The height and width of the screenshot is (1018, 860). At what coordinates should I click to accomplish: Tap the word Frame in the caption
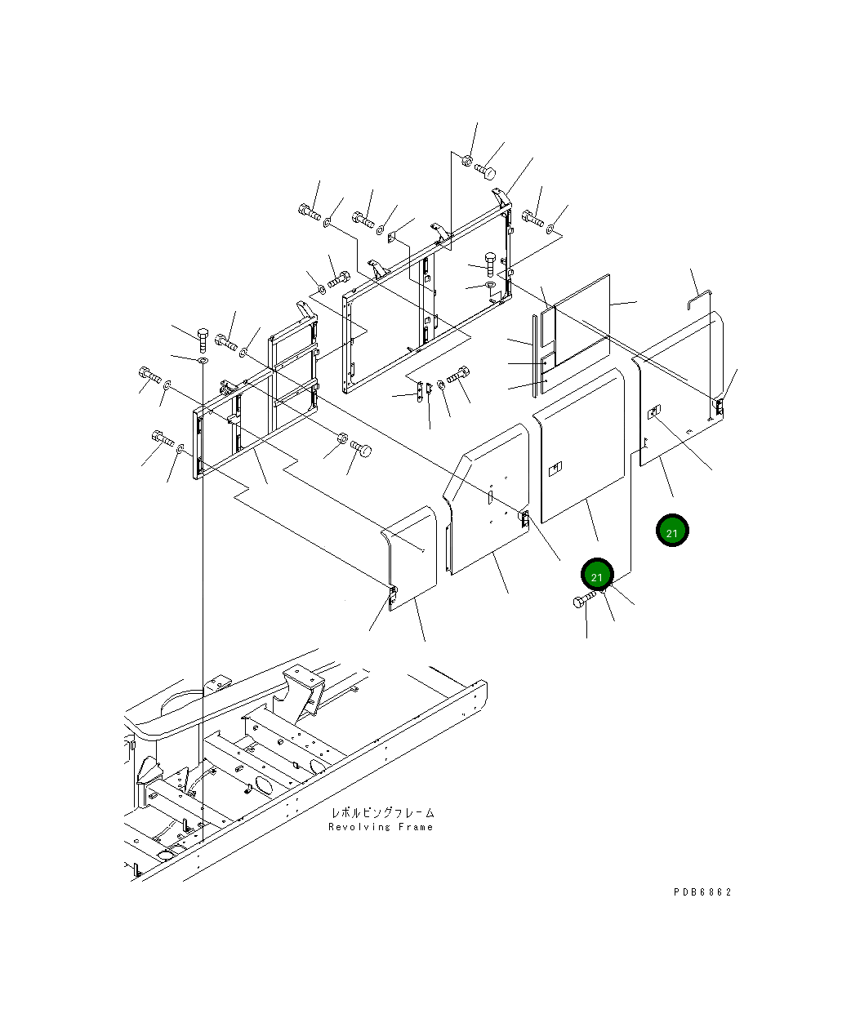(416, 827)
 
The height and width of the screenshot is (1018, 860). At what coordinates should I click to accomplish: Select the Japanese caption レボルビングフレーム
(382, 813)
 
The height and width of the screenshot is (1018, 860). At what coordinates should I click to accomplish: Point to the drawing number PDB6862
(702, 891)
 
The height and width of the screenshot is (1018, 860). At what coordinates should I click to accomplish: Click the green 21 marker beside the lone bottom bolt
(597, 576)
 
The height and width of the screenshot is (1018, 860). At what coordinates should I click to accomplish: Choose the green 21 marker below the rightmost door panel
(672, 532)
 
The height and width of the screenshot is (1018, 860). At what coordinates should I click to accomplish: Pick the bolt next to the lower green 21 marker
(584, 602)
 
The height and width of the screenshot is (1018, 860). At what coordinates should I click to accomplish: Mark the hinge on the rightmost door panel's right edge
(720, 407)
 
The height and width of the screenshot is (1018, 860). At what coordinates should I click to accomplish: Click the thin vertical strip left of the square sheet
(535, 355)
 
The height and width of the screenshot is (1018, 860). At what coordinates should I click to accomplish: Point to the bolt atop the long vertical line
(202, 336)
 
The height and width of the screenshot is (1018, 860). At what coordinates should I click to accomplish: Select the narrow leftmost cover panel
(411, 557)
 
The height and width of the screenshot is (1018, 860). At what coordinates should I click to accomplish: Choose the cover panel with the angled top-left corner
(485, 498)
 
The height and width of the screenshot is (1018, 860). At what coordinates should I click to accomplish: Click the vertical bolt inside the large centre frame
(489, 263)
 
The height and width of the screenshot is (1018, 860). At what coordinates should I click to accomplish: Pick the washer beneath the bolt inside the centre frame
(489, 285)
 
